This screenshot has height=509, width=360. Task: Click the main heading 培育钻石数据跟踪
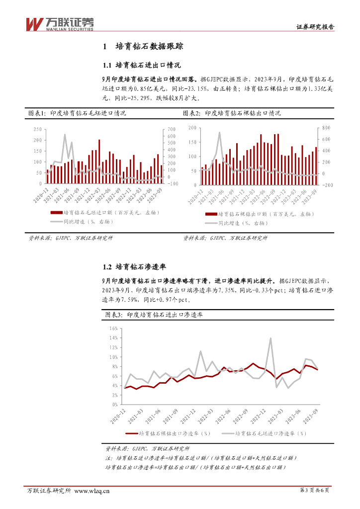click(149, 47)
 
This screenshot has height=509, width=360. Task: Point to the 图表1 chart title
click(77, 113)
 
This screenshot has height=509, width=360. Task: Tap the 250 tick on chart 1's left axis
click(37, 129)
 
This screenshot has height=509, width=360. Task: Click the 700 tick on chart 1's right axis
click(172, 129)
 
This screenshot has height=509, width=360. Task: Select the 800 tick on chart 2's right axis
click(325, 128)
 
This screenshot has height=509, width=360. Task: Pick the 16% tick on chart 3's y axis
click(113, 329)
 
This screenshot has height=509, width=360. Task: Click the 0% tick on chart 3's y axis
click(114, 405)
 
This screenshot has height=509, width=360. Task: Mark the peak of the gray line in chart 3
click(270, 338)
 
